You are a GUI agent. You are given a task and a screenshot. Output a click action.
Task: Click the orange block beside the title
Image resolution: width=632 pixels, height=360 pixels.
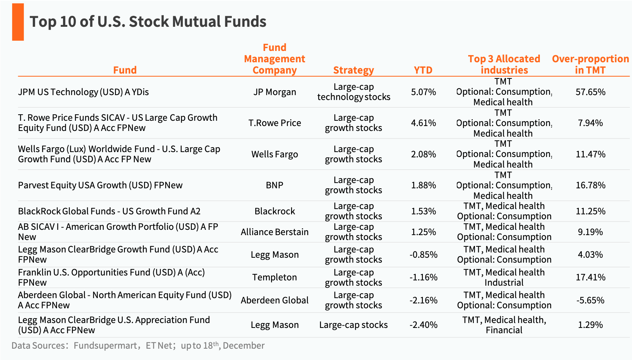coord(18,22)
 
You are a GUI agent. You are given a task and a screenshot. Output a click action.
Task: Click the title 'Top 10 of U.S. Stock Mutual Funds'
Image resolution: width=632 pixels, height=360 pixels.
coord(148,22)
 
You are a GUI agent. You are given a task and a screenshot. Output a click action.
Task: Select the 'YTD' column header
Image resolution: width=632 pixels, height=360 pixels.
coord(423,70)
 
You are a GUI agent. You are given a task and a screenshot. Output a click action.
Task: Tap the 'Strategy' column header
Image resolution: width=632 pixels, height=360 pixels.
coord(353,70)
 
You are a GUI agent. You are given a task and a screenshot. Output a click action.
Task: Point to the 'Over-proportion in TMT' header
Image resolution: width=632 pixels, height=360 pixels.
coord(590,65)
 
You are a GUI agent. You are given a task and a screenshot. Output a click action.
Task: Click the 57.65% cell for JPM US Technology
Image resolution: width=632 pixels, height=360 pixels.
coord(590,92)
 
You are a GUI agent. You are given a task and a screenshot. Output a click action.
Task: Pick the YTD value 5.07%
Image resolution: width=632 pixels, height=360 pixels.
coord(423,92)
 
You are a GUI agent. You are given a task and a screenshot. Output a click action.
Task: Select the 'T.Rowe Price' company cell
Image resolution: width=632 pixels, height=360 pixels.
coord(274,123)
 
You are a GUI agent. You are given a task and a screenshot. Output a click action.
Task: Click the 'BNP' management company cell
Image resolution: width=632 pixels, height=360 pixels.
coord(274,185)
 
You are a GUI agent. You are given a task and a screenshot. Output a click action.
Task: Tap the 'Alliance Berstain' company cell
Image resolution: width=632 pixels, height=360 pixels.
coord(274,232)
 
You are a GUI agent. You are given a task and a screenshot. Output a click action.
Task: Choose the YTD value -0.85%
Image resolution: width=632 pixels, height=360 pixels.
coord(423,255)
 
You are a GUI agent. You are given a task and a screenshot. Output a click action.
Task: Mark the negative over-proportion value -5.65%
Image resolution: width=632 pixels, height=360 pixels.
coord(590,300)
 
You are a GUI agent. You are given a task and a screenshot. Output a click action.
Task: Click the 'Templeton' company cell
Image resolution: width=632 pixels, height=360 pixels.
coord(274,277)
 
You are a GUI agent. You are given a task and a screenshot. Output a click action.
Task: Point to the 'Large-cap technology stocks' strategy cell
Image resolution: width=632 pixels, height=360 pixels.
coord(353,92)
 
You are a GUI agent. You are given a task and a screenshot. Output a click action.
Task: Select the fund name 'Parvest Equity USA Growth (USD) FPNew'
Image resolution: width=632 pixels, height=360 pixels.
coord(100,185)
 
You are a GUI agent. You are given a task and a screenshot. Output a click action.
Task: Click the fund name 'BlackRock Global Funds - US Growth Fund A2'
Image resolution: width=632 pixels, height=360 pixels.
coord(109,211)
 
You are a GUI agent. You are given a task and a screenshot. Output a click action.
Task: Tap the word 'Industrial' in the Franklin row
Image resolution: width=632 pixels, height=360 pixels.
coord(504,283)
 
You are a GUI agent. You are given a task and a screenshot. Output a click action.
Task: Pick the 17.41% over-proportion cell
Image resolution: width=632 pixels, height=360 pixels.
coord(590,277)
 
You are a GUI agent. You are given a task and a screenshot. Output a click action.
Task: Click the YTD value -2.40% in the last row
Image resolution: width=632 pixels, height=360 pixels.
coord(423,325)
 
